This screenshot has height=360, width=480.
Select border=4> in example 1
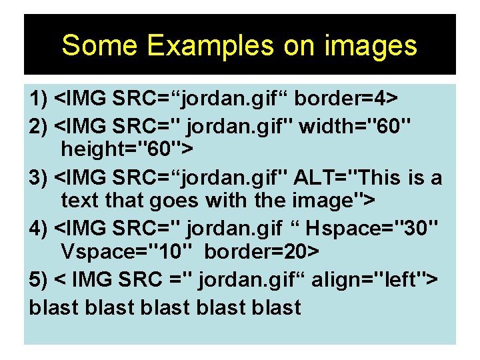coord(346,100)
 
